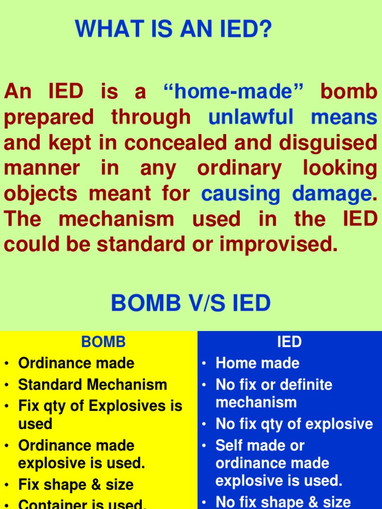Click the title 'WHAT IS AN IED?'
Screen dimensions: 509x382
click(x=174, y=29)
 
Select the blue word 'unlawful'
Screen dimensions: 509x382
click(x=251, y=117)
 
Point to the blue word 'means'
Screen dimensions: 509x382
click(x=344, y=117)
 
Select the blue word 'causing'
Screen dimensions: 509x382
click(x=241, y=194)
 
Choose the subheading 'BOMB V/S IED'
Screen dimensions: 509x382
click(x=191, y=303)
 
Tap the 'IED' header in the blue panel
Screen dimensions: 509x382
click(x=289, y=342)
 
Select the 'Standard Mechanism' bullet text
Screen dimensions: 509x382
click(x=93, y=385)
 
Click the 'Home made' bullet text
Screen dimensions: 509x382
click(x=257, y=363)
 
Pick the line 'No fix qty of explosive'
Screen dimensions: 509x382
click(x=294, y=424)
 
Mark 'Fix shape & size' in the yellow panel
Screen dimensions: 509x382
click(x=76, y=485)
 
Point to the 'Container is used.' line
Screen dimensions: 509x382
click(x=82, y=504)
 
